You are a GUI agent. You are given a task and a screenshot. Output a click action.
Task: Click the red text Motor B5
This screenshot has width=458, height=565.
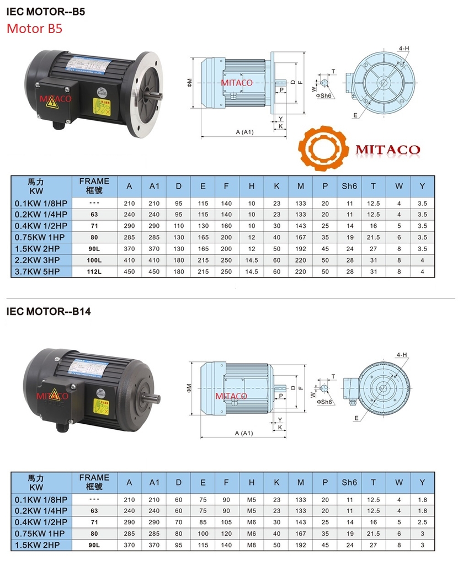pos(34,28)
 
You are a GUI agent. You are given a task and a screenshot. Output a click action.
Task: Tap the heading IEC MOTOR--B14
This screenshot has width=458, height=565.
pos(49,311)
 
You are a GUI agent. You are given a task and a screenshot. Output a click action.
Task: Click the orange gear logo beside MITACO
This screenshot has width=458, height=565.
pos(324,148)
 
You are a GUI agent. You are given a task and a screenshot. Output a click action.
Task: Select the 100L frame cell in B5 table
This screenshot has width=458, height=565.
pos(94,259)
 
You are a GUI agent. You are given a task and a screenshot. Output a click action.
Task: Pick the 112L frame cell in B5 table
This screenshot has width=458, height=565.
pos(94,271)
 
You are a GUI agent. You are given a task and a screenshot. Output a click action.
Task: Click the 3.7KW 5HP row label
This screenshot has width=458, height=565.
pos(41,271)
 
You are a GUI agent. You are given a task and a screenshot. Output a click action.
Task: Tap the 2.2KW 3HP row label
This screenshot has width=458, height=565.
pos(41,259)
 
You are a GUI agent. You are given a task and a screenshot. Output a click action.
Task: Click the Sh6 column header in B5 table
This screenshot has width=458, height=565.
pos(349,186)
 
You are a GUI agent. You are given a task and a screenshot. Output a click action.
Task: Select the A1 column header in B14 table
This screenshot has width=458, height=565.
pos(155,482)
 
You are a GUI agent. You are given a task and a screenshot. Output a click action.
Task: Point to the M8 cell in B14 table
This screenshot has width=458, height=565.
pos(252,545)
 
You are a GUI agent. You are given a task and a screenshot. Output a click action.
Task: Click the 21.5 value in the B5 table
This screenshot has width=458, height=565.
pos(374,237)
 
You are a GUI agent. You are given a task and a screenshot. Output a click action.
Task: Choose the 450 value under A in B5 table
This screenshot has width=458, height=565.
pos(130,271)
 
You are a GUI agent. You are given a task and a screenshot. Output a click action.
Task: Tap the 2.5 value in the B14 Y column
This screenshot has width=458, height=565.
pos(422,522)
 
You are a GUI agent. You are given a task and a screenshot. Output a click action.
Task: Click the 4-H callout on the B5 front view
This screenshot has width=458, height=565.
pos(404,48)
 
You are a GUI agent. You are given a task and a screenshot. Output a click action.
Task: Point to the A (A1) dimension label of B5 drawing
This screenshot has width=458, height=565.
pos(243,132)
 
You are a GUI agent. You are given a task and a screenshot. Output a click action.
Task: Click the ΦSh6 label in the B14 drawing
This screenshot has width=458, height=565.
pos(323,402)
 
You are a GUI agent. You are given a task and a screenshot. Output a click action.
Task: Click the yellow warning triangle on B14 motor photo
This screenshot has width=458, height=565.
pos(55,394)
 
